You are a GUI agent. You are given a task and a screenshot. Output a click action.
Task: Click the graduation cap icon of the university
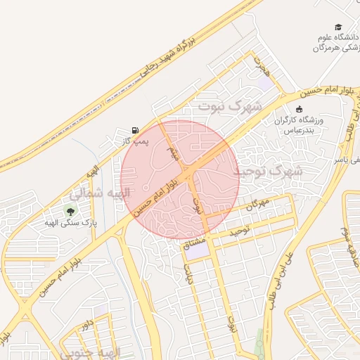339,26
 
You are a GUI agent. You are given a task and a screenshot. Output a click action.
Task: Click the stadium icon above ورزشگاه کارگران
300,110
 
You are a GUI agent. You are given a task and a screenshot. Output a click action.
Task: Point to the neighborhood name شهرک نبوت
229,107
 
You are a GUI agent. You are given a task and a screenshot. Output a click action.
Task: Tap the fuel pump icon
134,130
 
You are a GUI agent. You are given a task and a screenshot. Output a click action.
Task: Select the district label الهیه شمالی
100,192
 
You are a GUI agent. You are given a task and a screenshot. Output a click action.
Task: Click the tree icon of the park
70,210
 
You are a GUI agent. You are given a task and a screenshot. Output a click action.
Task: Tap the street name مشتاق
194,245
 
